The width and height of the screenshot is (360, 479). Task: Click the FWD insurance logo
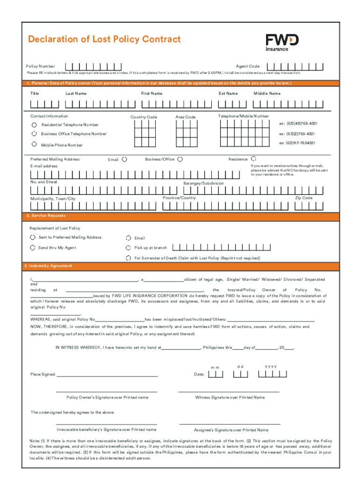click(282, 42)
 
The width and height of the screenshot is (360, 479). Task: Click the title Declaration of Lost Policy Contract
click(104, 39)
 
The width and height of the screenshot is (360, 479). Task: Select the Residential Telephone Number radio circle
click(35, 125)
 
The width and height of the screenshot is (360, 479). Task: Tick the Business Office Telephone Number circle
click(34, 134)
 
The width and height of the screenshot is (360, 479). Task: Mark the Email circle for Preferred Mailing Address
click(124, 159)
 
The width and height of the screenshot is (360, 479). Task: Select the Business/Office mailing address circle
click(180, 159)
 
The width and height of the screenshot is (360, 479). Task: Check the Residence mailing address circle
click(254, 159)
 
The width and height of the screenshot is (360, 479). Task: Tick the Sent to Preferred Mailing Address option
click(33, 237)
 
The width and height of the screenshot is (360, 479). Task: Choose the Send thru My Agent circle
click(33, 247)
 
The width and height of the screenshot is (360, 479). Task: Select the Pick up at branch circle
click(129, 247)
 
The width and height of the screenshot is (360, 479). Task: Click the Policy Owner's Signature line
click(107, 391)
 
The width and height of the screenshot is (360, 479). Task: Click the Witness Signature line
click(229, 391)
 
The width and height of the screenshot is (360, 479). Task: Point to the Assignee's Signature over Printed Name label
click(231, 430)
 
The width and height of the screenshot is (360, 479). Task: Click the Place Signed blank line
click(107, 376)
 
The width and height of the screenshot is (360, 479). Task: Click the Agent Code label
click(247, 66)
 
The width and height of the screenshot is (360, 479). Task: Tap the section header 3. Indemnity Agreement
click(48, 266)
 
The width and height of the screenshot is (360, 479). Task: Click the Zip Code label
click(303, 198)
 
